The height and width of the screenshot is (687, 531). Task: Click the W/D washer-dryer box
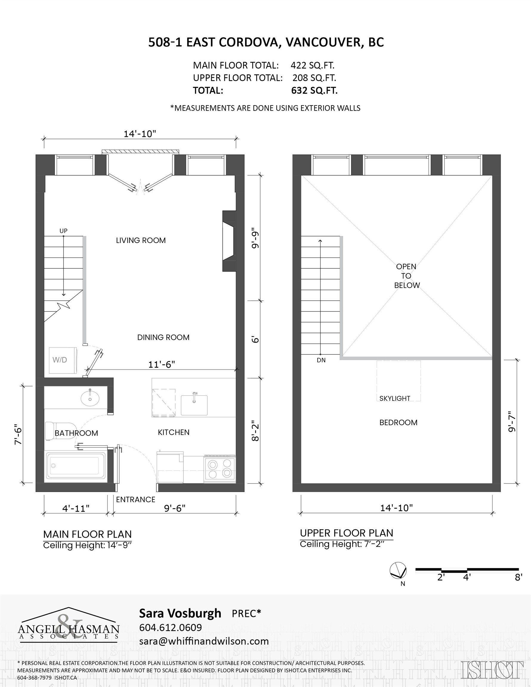click(x=63, y=360)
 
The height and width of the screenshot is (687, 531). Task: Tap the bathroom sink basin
click(x=90, y=399)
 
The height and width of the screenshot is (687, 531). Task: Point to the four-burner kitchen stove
click(x=220, y=468)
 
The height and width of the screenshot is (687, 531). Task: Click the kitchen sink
click(x=194, y=405)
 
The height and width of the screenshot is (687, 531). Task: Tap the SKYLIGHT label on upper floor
click(x=395, y=398)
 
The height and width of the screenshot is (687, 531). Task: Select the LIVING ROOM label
click(x=141, y=240)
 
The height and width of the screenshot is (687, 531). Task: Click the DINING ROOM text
click(x=163, y=337)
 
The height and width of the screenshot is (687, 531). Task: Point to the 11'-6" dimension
click(x=161, y=364)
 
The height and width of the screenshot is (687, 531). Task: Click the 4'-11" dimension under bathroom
click(x=76, y=509)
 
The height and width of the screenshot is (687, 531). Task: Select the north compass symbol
click(x=398, y=570)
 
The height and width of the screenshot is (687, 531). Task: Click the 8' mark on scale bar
click(x=518, y=577)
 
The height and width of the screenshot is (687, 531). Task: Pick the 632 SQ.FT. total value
click(x=314, y=91)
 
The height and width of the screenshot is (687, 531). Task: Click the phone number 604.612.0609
click(x=170, y=627)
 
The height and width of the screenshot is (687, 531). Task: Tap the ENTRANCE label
click(x=136, y=499)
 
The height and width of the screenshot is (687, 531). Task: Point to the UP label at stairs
click(x=63, y=230)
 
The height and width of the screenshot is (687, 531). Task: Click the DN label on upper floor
click(x=321, y=360)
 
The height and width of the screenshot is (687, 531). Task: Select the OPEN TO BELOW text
click(x=406, y=276)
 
